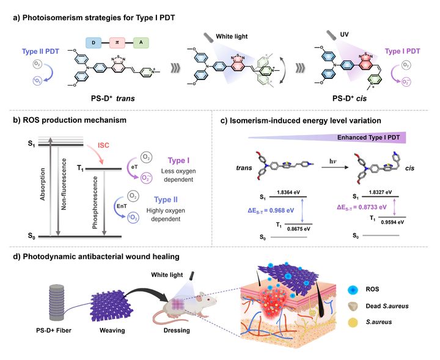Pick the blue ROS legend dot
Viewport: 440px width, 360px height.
[362, 288]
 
